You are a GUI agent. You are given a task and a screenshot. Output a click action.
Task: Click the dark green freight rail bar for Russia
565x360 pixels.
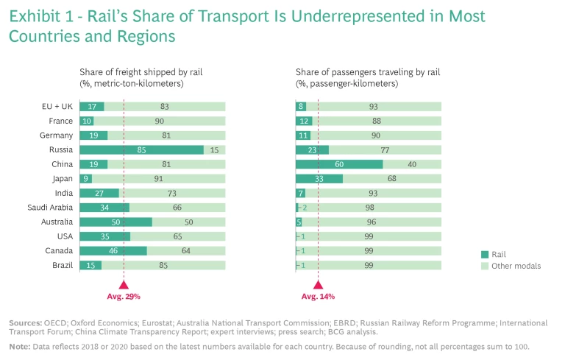(x=141, y=149)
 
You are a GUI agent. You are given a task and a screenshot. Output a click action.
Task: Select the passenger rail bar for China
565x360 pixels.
(x=339, y=164)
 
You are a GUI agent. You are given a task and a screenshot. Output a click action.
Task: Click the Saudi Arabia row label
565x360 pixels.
(x=50, y=207)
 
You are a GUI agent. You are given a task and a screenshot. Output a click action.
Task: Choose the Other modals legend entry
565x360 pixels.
(x=511, y=266)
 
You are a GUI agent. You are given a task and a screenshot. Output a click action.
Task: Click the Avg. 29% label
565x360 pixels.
(x=124, y=296)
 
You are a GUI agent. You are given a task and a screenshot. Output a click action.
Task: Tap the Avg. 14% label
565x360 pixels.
(x=318, y=296)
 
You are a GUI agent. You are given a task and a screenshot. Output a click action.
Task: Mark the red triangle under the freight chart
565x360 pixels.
(x=124, y=284)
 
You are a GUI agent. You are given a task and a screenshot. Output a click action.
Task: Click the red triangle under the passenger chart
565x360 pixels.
(x=318, y=284)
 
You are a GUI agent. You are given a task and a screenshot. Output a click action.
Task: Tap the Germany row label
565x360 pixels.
(x=56, y=135)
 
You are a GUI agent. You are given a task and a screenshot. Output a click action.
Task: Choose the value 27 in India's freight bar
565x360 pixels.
(x=92, y=193)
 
